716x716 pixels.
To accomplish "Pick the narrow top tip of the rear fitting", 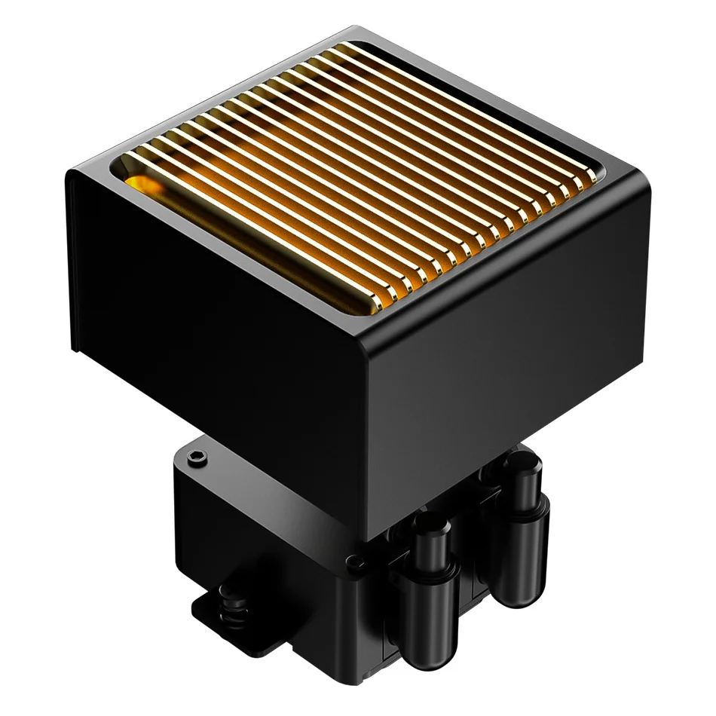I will pos(519,461).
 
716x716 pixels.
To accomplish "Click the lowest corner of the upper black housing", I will pos(367,537).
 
